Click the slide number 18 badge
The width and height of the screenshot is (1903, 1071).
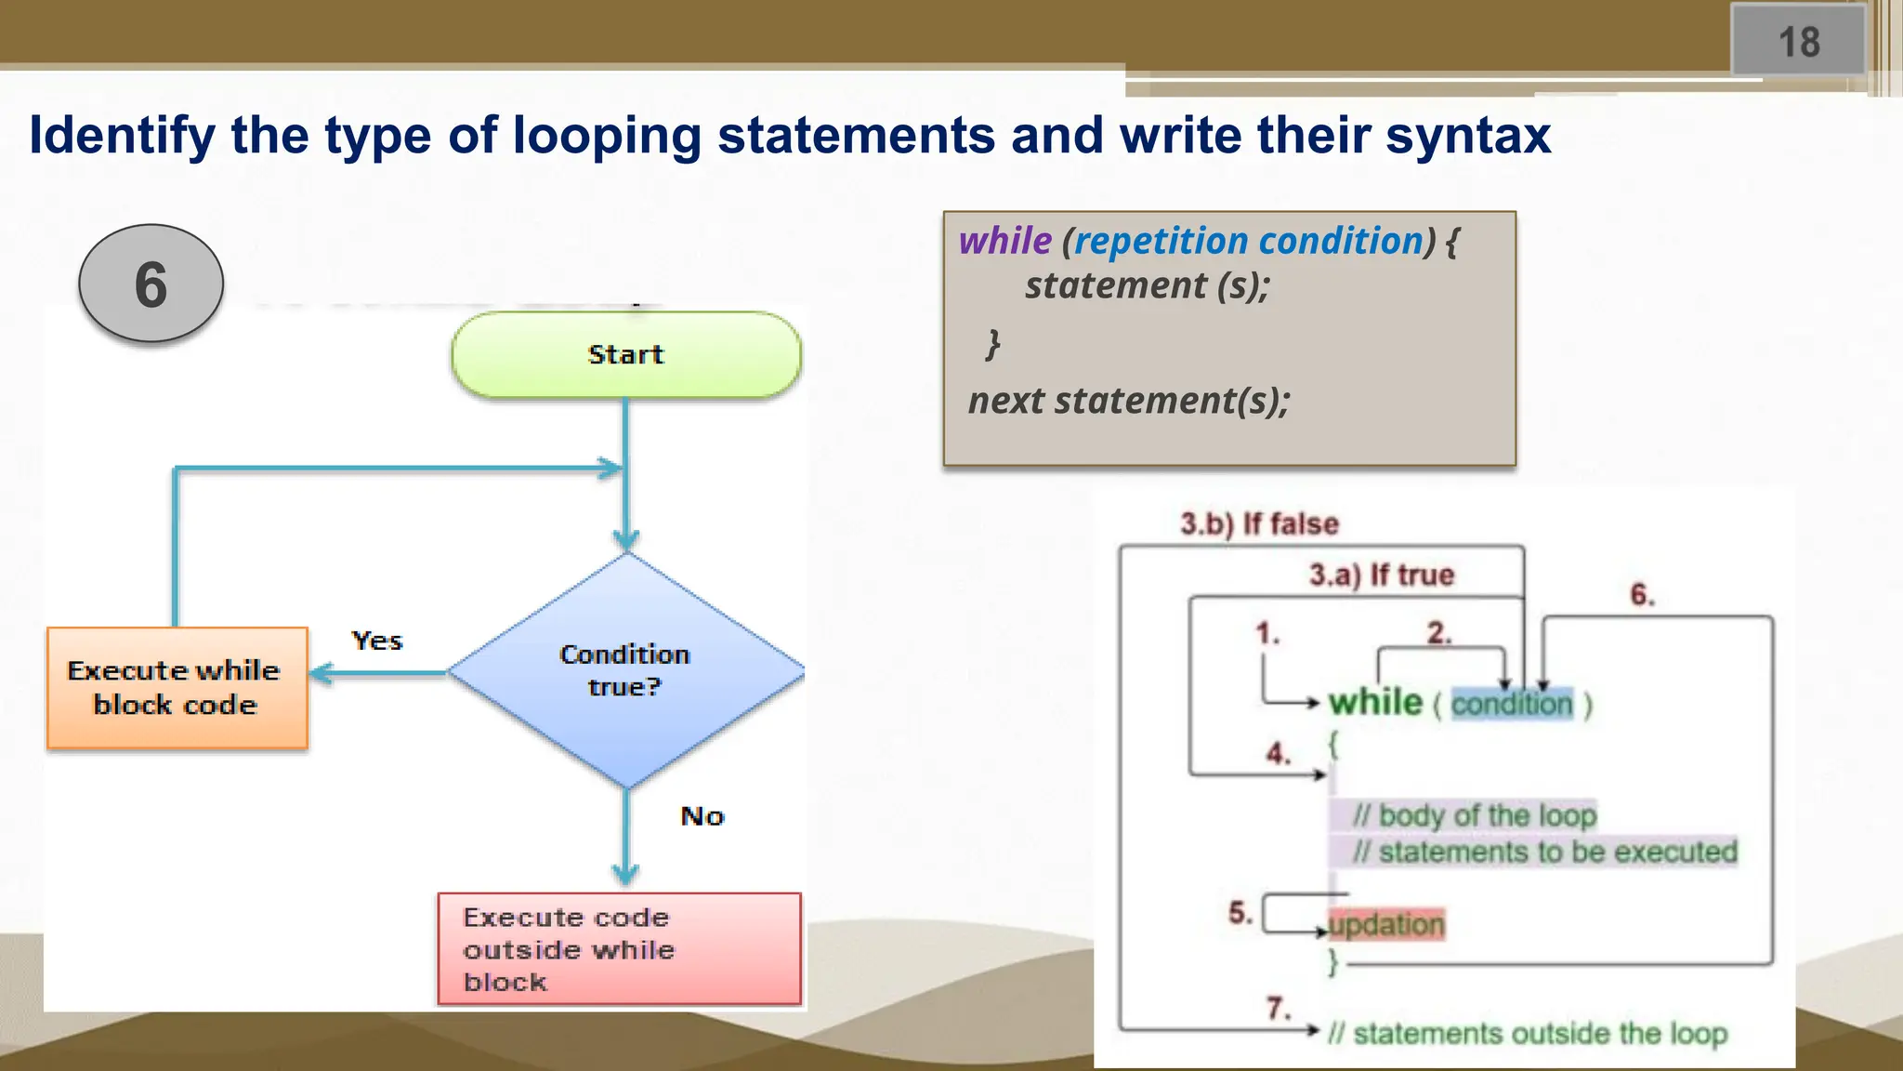[x=1798, y=41]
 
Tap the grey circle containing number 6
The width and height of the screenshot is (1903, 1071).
[x=151, y=284]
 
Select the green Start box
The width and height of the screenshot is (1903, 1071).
[x=625, y=355]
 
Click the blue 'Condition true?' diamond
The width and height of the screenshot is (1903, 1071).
[x=625, y=670]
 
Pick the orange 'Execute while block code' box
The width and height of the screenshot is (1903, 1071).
[x=177, y=688]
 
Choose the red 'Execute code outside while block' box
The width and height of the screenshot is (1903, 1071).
[x=619, y=948]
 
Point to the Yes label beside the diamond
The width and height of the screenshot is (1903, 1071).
[x=376, y=641]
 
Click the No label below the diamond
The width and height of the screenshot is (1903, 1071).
[x=702, y=816]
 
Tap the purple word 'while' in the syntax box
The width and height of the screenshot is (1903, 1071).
[x=1004, y=242]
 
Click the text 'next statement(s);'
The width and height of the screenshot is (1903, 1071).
[x=1129, y=401]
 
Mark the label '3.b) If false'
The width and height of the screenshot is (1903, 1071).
[x=1259, y=523]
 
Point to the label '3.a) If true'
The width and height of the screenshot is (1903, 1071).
[x=1381, y=575]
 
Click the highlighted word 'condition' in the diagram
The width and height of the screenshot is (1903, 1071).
[x=1512, y=704]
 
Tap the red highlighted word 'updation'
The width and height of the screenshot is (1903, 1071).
[x=1386, y=924]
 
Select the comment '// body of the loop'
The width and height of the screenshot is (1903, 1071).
[x=1474, y=815]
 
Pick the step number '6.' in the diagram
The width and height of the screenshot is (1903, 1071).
[x=1642, y=595]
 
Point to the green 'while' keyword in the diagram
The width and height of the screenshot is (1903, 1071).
[x=1375, y=702]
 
